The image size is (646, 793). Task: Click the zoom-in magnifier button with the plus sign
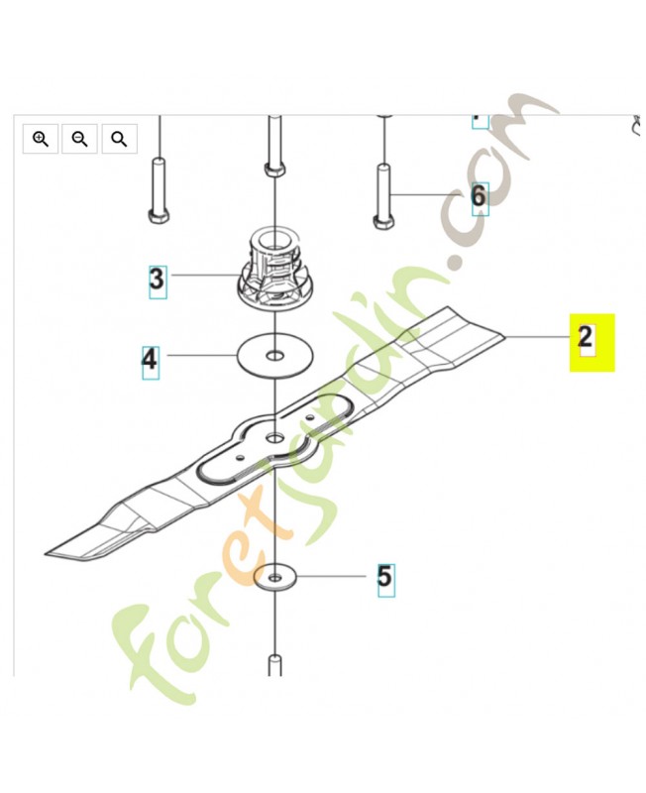point(41,138)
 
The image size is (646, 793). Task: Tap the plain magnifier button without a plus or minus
point(119,138)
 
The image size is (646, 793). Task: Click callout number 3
point(158,279)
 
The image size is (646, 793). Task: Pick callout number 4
point(150,360)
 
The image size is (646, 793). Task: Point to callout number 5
point(385,577)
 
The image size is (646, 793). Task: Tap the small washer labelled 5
point(275,577)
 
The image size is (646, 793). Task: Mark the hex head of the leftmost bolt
point(159,216)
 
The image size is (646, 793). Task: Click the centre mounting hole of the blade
point(275,436)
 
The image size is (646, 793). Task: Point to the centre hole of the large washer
point(275,357)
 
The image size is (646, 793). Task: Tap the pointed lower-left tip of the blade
point(46,553)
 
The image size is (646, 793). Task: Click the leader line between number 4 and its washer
point(202,356)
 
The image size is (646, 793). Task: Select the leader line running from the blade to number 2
point(537,337)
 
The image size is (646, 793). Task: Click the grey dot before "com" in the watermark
point(459,263)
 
